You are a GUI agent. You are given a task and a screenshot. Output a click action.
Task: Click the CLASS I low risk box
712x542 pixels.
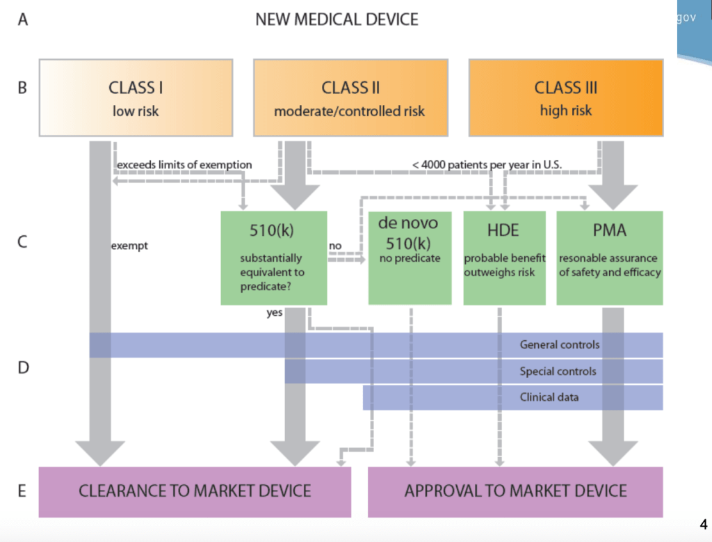tap(136, 97)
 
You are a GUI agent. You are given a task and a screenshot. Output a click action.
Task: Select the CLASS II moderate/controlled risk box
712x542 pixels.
tap(350, 97)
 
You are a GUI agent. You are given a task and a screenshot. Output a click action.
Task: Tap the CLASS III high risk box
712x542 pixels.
tap(565, 97)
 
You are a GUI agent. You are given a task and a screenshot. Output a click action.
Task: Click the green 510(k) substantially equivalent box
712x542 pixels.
tap(273, 258)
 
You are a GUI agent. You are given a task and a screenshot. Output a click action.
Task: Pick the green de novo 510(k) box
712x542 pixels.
tap(410, 258)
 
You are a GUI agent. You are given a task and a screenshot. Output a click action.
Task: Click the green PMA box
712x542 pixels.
tap(609, 258)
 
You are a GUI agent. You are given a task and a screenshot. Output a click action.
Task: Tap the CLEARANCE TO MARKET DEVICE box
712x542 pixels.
tap(195, 491)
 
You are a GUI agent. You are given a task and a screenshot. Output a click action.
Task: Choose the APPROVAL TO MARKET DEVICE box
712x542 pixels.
tap(515, 491)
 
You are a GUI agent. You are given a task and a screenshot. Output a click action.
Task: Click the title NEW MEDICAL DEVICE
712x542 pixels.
tap(337, 19)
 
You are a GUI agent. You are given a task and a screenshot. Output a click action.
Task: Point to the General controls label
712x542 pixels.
tap(559, 344)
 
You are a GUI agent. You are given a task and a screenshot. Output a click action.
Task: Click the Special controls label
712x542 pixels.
tap(558, 372)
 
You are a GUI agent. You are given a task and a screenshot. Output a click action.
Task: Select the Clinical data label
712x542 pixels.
tap(549, 397)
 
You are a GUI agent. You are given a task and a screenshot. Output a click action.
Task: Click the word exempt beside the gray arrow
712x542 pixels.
tap(129, 246)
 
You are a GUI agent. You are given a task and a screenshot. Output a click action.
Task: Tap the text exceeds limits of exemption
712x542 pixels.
tap(184, 165)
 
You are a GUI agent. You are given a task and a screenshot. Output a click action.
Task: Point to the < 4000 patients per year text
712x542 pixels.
tap(486, 165)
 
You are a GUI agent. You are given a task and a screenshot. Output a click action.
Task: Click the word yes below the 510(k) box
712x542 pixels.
tap(275, 313)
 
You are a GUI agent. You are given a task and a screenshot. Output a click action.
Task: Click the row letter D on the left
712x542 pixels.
tap(23, 367)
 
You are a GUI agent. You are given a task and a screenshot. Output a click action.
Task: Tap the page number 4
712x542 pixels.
tap(702, 524)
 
